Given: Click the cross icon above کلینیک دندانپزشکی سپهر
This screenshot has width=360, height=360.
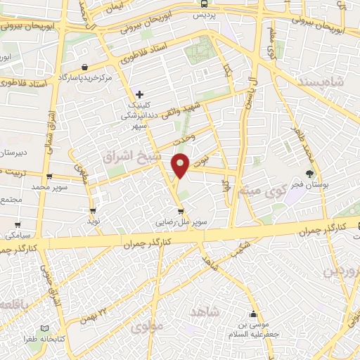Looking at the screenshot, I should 140,94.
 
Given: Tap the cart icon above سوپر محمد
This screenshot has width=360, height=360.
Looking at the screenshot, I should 49,176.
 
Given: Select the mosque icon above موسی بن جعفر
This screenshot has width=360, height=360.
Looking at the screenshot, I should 253,314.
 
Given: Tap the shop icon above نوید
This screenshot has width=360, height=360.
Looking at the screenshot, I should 93,210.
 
